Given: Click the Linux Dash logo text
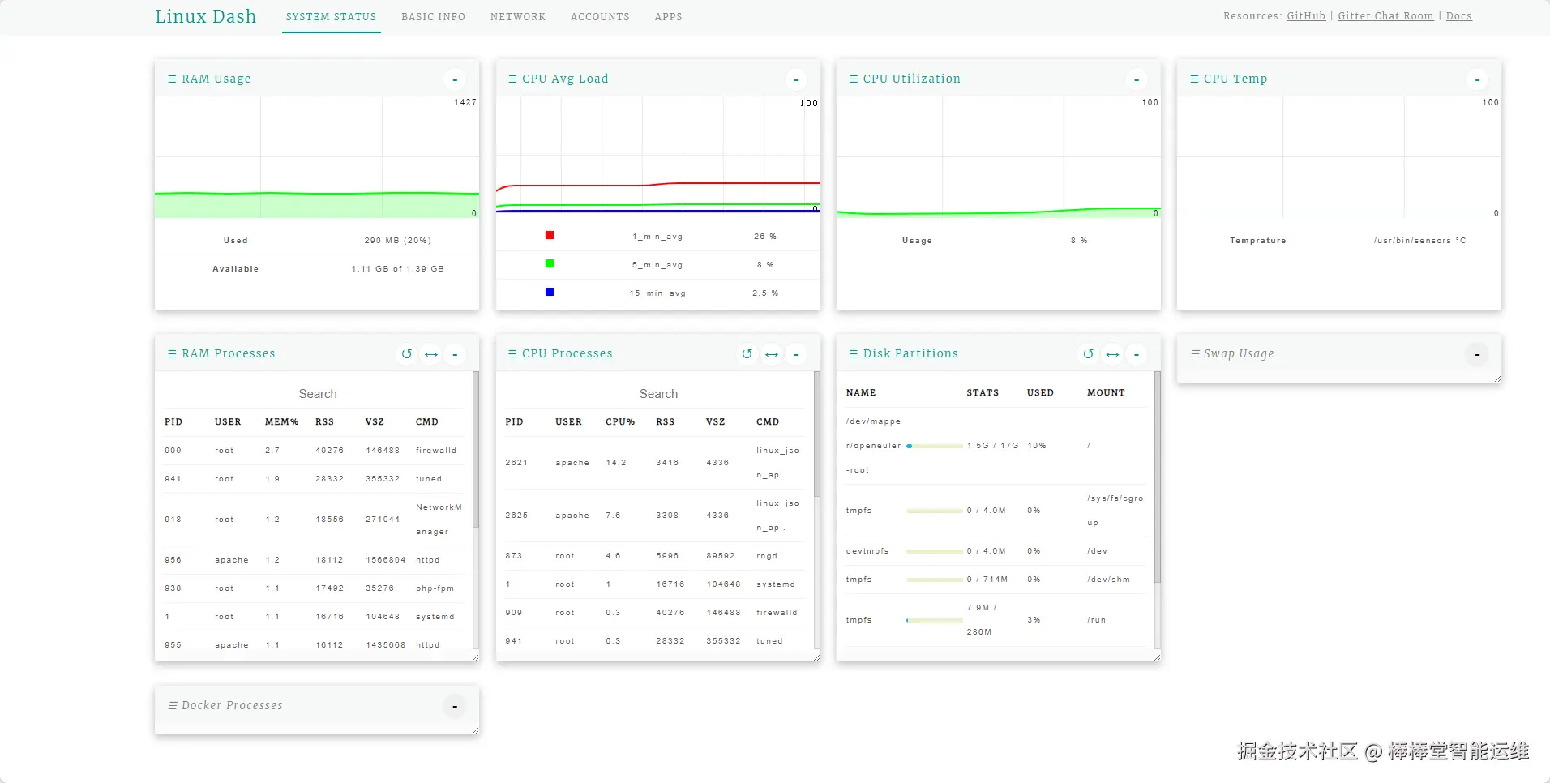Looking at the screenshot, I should [x=205, y=16].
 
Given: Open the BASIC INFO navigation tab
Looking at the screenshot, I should [x=433, y=17].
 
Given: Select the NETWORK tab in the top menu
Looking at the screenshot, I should [x=517, y=17].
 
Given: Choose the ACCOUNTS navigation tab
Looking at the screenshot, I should [x=600, y=17].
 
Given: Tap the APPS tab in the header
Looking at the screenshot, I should [x=668, y=17].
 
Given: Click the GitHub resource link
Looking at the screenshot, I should [x=1306, y=16].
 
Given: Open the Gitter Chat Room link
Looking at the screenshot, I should [x=1385, y=16].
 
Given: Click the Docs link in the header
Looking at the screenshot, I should [x=1458, y=16].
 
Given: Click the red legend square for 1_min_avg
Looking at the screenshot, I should [x=550, y=235].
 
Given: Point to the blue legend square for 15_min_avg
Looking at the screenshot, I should [x=550, y=292].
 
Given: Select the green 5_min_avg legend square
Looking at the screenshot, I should [x=550, y=263].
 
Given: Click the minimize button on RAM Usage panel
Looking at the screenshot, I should [x=455, y=79].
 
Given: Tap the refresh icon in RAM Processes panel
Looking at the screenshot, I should [x=407, y=354].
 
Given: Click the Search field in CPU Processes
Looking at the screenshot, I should [x=657, y=394].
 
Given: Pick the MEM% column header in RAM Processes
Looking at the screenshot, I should [x=281, y=422].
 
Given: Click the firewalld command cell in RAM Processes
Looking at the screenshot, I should [x=436, y=451].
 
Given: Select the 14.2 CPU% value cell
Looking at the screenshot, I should [x=616, y=463].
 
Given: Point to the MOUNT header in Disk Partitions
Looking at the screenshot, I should [x=1106, y=393].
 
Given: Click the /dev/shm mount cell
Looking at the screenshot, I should [x=1108, y=580].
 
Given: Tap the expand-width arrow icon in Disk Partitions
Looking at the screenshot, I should [x=1112, y=354].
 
